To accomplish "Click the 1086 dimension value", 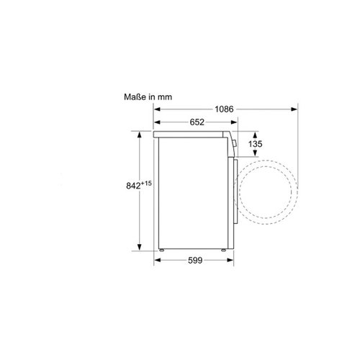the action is tap(224, 109).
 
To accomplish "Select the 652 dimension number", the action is tap(197, 122).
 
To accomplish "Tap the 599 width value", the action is tap(195, 260).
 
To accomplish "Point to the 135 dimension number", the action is tap(255, 144).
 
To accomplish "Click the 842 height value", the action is tap(133, 186).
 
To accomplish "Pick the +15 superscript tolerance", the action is tap(146, 184).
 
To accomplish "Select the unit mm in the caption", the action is tap(165, 97).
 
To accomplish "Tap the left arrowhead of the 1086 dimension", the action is tap(157, 109).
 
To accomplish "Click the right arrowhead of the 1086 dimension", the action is tap(294, 109).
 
